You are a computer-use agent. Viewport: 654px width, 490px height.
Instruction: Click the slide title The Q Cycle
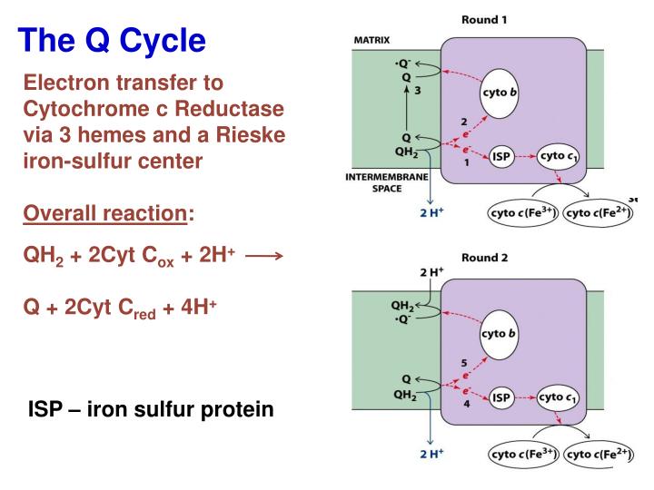(x=113, y=39)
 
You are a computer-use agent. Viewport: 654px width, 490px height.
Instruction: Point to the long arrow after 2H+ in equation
(x=265, y=257)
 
